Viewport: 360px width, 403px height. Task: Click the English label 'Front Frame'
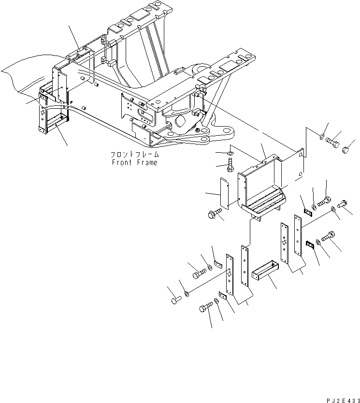tap(134, 162)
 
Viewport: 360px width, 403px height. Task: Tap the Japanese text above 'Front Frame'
tap(134, 155)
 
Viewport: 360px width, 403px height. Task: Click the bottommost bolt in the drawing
tap(205, 308)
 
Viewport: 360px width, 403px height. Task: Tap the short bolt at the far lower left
tap(174, 301)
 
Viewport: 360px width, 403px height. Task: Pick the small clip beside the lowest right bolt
tap(310, 246)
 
